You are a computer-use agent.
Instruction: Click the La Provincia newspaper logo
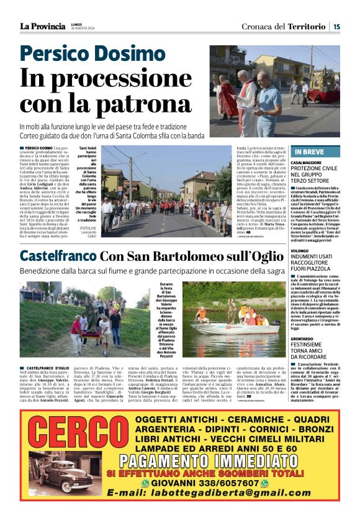pos(42,26)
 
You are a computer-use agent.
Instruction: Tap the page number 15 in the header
pos(336,26)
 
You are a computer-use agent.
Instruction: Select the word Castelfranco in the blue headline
pos(57,255)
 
